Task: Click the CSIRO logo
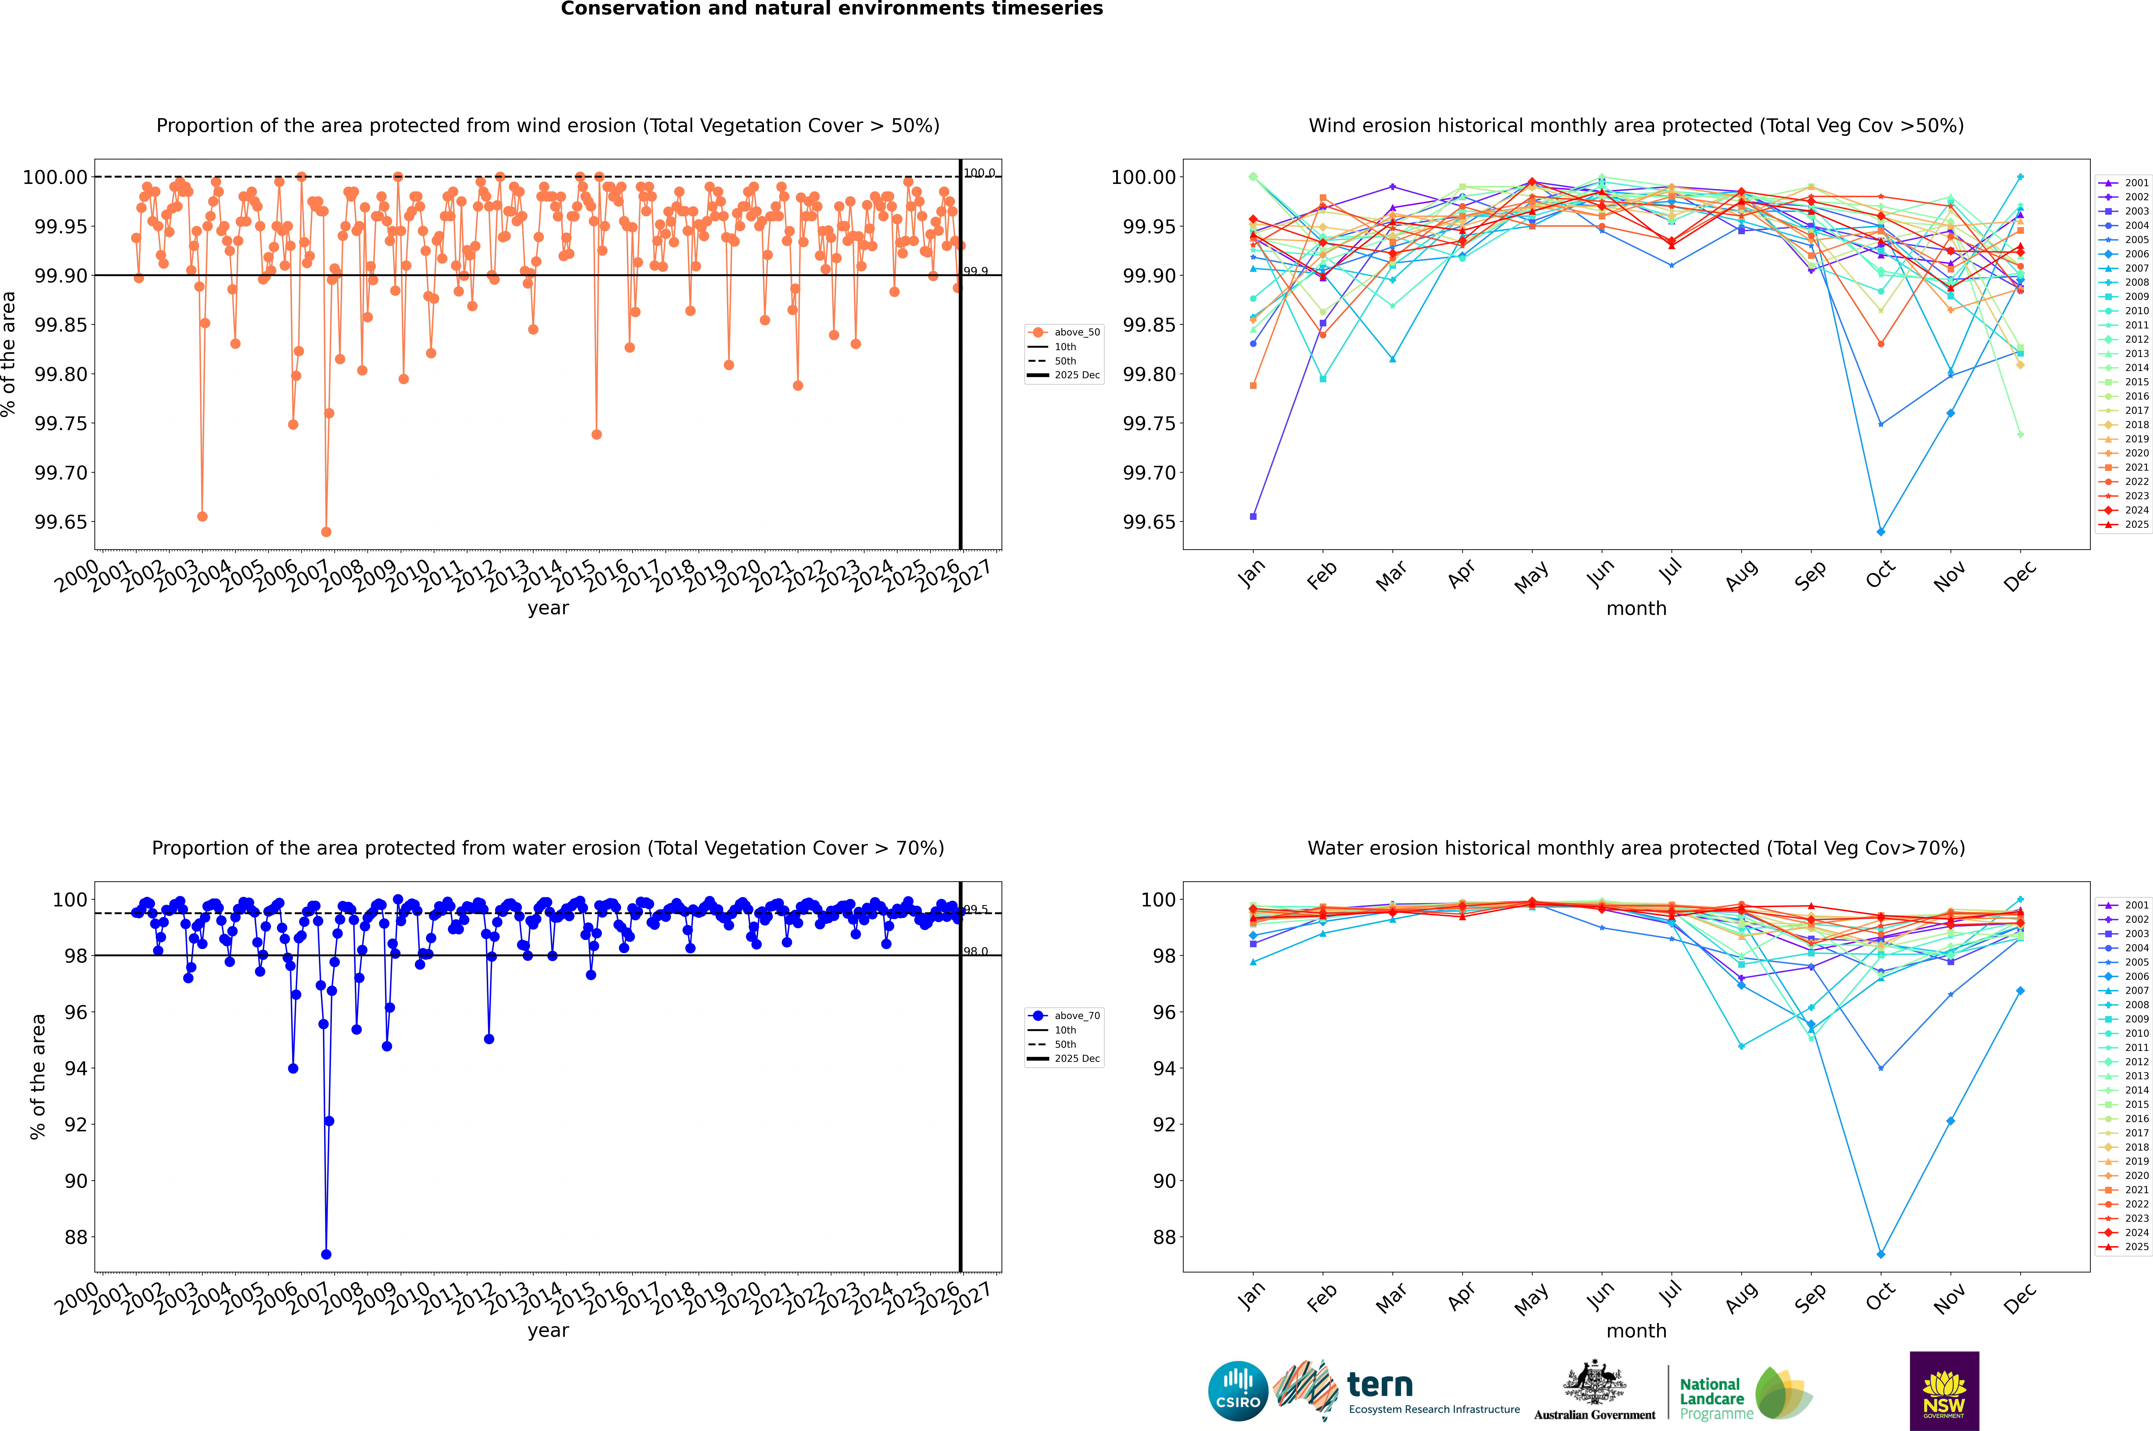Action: pos(1238,1391)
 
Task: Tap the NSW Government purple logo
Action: pos(1944,1391)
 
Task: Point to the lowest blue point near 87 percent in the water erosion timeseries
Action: pos(326,1254)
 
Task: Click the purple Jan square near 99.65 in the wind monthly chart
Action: pos(1253,517)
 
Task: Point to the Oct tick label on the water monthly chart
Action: pos(1880,1298)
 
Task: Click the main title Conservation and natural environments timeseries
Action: pos(831,9)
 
